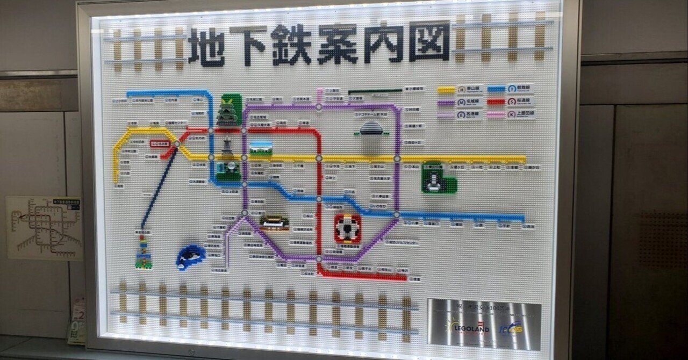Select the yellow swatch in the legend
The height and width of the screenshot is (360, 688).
click(x=446, y=90)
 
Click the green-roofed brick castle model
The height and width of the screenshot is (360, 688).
click(x=230, y=111)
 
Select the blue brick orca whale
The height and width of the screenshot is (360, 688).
click(x=190, y=256)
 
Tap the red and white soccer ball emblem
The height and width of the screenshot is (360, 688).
click(x=347, y=228)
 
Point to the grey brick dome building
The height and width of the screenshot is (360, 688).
click(x=371, y=129)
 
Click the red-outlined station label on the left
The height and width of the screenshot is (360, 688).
click(x=160, y=144)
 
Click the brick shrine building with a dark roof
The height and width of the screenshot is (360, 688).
click(x=274, y=221)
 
